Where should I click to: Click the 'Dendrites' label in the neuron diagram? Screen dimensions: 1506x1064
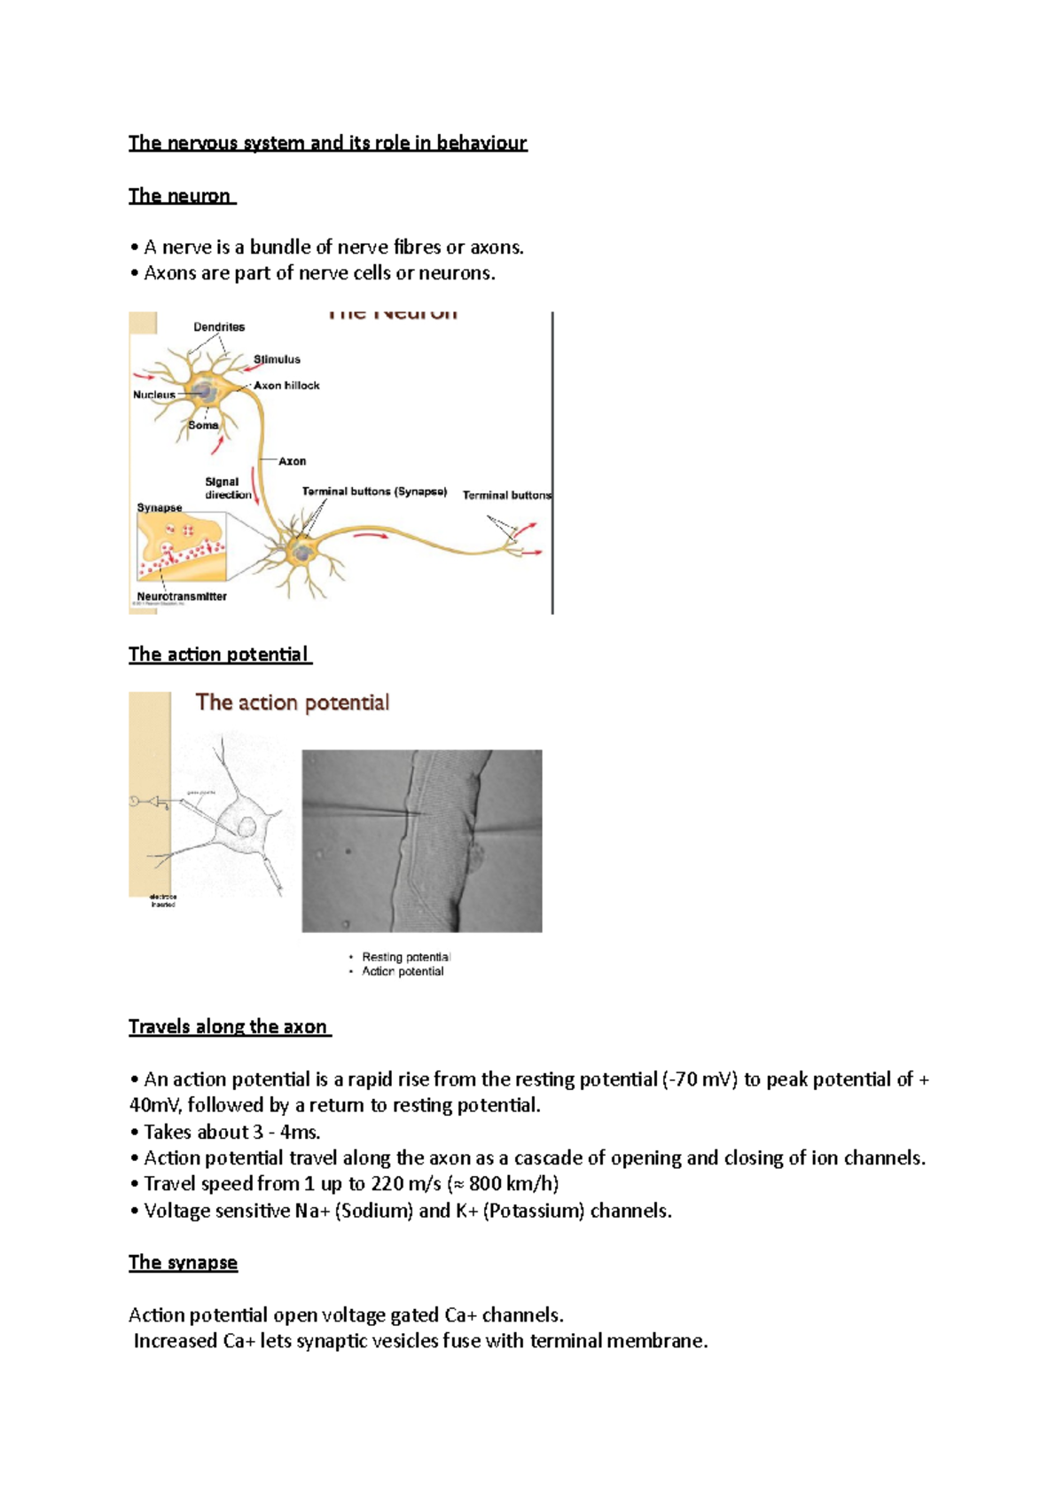[219, 327]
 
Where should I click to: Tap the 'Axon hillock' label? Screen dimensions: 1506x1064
[286, 386]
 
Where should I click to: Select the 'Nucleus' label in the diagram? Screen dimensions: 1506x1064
[154, 395]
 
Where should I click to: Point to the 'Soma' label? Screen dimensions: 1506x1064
[203, 426]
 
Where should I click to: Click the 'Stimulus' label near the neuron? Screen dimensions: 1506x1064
[277, 360]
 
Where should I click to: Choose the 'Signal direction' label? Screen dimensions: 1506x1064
[227, 489]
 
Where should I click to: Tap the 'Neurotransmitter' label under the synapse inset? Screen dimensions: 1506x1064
[182, 597]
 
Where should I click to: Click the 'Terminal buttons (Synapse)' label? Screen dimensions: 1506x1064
[374, 491]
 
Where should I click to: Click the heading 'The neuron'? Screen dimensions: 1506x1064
[180, 196]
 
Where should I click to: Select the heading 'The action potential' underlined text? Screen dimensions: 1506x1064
[218, 655]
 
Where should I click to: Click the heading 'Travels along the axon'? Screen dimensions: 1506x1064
[228, 1027]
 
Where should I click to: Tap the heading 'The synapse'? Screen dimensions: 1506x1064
[183, 1263]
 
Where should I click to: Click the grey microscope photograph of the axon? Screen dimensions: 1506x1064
[422, 841]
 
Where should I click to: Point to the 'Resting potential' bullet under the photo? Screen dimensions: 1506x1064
[406, 957]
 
